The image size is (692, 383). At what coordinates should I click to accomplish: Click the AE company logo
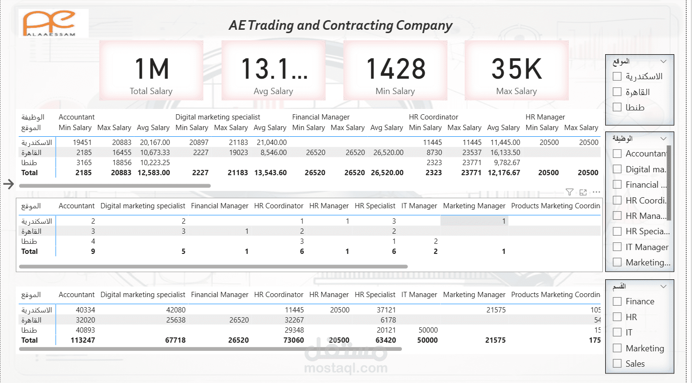tap(54, 23)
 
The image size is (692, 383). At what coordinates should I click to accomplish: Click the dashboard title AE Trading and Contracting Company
tap(340, 25)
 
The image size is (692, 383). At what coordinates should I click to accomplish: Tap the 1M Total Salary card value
tap(151, 69)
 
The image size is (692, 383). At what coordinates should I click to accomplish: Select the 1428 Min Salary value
tap(396, 69)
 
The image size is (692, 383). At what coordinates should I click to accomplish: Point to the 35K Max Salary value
tap(516, 69)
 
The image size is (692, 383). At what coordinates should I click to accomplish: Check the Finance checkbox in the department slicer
tap(617, 301)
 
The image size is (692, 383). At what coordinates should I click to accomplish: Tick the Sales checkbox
tap(617, 364)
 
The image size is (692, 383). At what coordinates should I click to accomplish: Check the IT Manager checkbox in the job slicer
tap(617, 247)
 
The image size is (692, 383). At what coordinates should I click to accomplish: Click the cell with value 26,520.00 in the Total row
tap(387, 173)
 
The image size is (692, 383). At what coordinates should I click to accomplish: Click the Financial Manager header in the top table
tap(321, 117)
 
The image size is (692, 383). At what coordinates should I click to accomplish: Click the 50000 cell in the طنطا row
tap(428, 330)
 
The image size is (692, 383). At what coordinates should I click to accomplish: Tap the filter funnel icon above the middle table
tap(569, 192)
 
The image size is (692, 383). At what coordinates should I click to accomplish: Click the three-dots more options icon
tap(597, 192)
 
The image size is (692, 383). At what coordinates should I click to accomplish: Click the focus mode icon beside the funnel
tap(583, 192)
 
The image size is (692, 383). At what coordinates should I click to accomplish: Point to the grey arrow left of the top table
tap(9, 184)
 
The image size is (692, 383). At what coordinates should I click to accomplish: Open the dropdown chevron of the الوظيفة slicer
tap(664, 139)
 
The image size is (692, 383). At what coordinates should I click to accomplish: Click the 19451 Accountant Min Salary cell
tap(82, 143)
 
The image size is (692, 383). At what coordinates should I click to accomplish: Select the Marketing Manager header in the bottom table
tap(474, 295)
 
